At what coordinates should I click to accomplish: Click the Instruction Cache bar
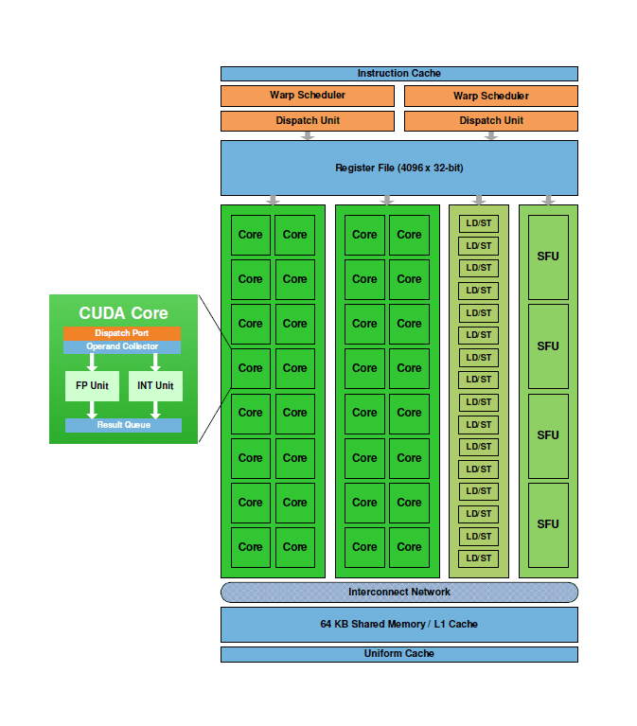tap(398, 74)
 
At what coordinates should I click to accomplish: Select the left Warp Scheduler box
tap(307, 96)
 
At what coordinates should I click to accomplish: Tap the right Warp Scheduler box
tap(490, 96)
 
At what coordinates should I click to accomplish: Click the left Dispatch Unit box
tap(307, 120)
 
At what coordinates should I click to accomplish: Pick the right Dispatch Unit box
tap(490, 120)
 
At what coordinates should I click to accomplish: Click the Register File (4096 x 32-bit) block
tap(398, 168)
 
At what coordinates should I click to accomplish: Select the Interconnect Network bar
tap(398, 593)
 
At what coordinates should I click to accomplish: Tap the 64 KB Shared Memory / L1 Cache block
tap(398, 625)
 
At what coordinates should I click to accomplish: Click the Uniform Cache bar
tap(398, 654)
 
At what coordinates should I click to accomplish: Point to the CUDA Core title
tap(123, 313)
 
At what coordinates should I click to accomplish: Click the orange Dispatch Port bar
tap(122, 333)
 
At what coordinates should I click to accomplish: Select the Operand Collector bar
tap(122, 346)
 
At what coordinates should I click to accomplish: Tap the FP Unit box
tap(92, 386)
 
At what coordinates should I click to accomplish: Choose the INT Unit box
tap(155, 386)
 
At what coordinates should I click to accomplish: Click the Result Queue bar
tap(123, 425)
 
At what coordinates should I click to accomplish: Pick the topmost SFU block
tap(548, 257)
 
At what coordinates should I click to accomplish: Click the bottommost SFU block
tap(548, 524)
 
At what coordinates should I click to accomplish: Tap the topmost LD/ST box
tap(478, 224)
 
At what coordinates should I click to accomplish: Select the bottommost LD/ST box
tap(478, 558)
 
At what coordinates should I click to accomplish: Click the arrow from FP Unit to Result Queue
tap(92, 410)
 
